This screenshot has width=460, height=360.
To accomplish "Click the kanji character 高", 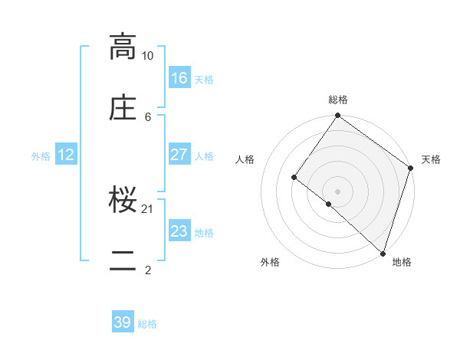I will (123, 47).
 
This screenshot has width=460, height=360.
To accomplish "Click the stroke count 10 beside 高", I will (147, 56).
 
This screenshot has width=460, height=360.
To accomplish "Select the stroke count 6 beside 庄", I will (148, 116).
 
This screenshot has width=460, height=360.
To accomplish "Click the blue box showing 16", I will (179, 78).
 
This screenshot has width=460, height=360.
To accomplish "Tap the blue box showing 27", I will (179, 155).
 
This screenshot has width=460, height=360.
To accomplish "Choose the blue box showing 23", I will (179, 231).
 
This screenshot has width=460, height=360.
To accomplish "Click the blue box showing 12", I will (66, 155).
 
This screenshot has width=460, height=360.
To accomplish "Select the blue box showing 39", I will (123, 322).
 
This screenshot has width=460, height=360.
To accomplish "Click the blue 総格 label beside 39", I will (147, 324).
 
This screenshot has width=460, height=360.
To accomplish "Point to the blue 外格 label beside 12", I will (41, 156).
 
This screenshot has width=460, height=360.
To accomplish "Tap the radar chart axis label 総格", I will (338, 100).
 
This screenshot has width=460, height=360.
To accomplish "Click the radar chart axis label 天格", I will (431, 159).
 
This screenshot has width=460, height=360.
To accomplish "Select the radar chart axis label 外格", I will (270, 263).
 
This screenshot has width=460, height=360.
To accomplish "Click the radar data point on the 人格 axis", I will (294, 178).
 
